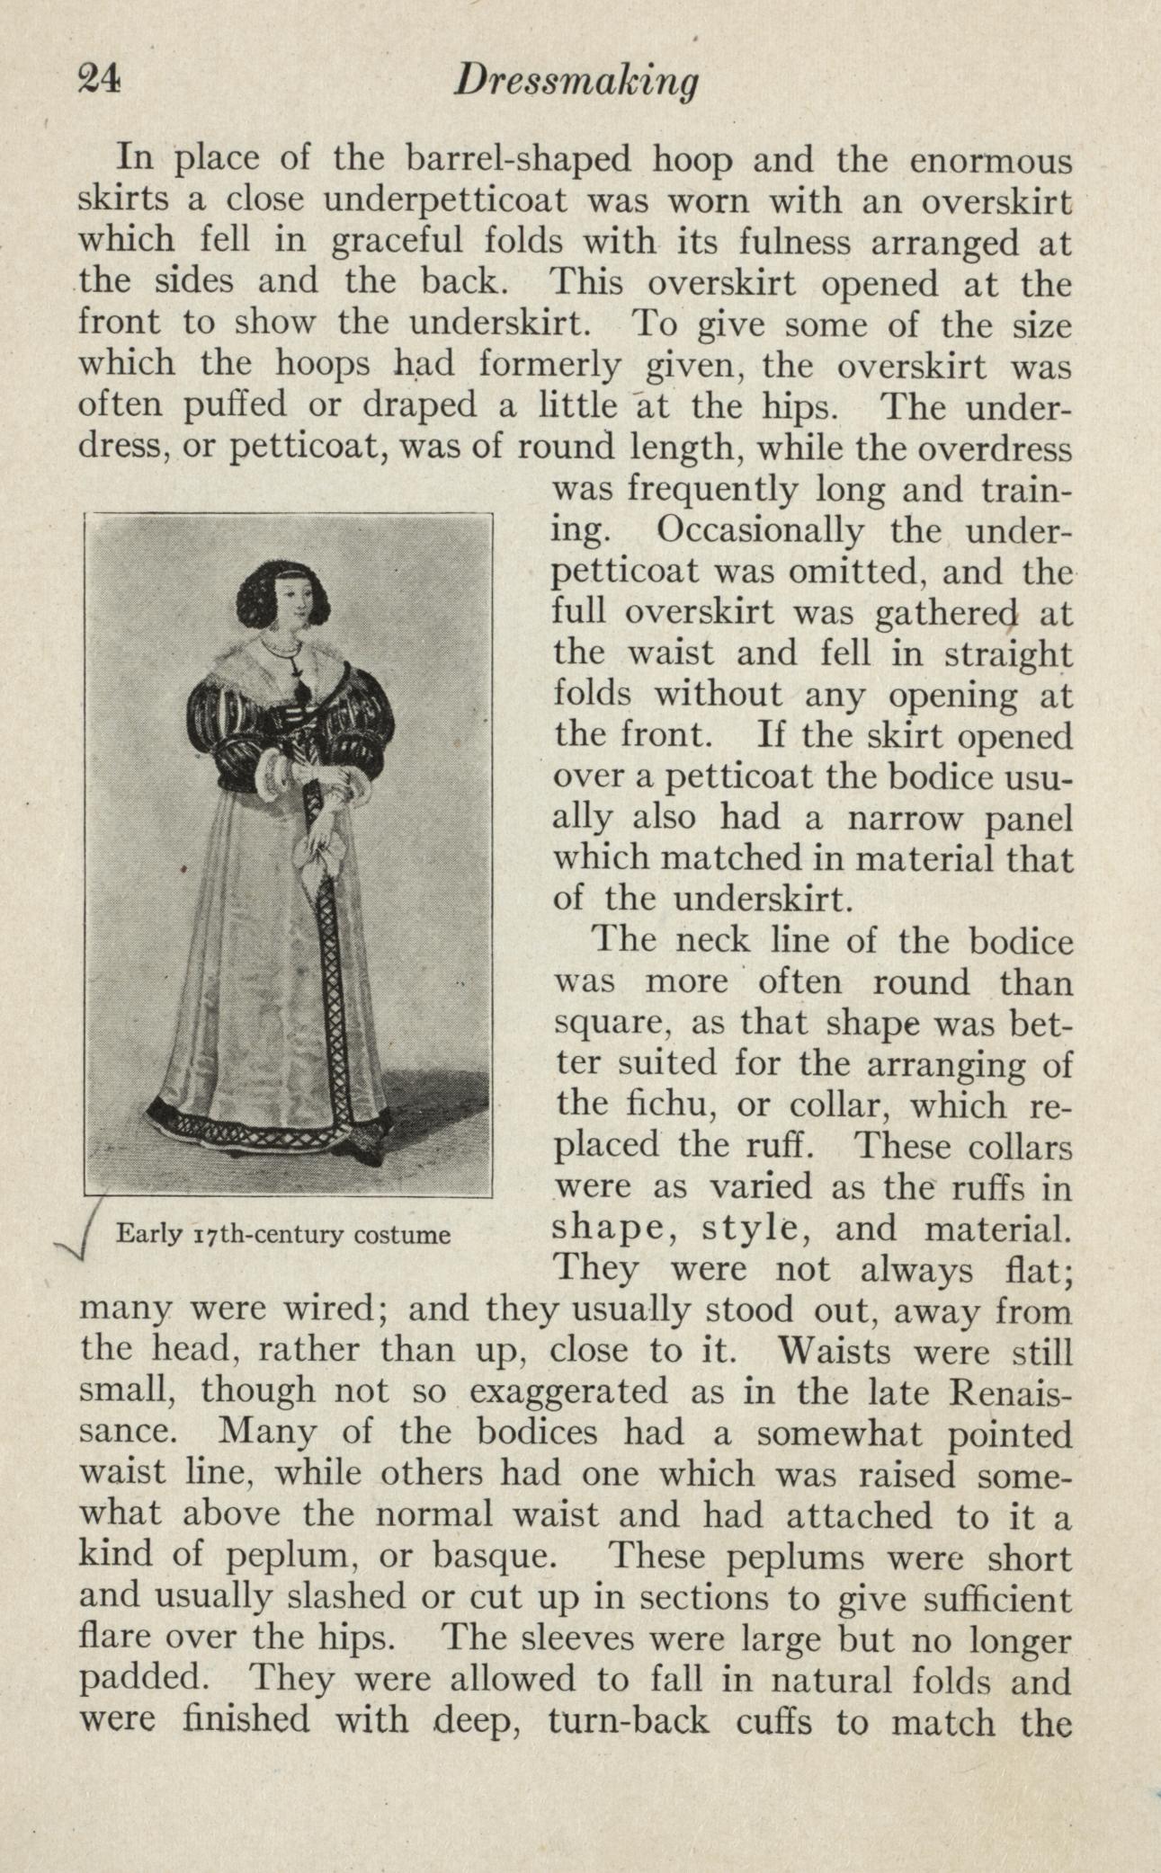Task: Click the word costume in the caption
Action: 402,1234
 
